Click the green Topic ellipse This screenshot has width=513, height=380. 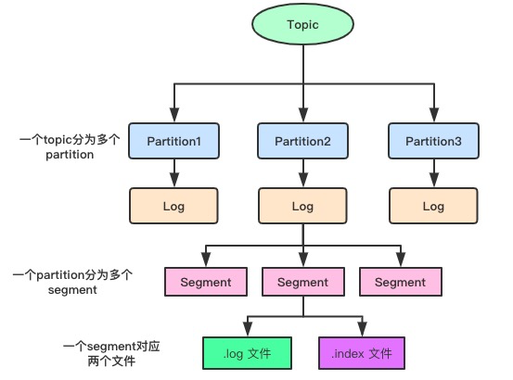(x=302, y=24)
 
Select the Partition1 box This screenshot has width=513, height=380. (x=173, y=141)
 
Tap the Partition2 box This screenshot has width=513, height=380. (x=302, y=141)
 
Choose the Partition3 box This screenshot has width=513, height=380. (x=433, y=141)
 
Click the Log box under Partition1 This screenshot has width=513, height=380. (x=173, y=206)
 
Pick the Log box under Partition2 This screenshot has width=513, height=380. (x=302, y=206)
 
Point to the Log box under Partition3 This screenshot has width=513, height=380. (x=433, y=206)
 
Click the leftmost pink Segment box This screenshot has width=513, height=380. (x=206, y=282)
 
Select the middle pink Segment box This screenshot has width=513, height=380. (x=303, y=282)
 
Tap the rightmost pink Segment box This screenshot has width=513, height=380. (x=401, y=282)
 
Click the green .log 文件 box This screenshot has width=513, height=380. (x=247, y=353)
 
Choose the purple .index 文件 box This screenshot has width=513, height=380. (x=362, y=353)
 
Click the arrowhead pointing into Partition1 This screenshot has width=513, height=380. (x=174, y=115)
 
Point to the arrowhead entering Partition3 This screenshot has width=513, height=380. (x=434, y=115)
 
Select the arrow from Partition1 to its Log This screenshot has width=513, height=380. (x=174, y=173)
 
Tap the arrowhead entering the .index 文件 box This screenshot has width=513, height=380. (x=362, y=329)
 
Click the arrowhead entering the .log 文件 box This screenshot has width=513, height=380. (x=248, y=329)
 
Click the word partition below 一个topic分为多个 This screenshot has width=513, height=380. (x=70, y=155)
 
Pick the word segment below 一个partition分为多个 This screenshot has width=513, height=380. (x=72, y=290)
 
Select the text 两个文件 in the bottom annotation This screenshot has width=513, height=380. (x=111, y=361)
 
